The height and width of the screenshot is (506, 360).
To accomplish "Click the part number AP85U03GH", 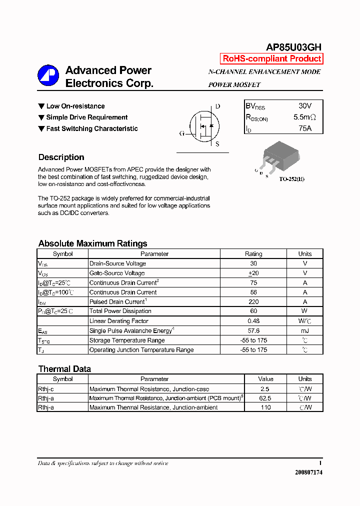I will pos(293,47).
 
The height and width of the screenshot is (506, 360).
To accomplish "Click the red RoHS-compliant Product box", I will pos(271,58).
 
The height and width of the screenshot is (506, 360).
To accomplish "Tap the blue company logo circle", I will pos(48,75).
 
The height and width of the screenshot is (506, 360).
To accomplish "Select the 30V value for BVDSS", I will pos(304,106).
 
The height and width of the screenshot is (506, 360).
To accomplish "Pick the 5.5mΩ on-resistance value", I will pos(304,117).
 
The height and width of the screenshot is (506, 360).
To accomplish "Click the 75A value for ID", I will pos(304,128).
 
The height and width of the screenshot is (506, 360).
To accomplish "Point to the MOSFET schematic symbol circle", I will pos(203,125).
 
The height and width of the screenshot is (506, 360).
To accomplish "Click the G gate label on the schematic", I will pos(182,133).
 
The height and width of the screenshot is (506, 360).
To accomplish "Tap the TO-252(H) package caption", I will pos(291,179).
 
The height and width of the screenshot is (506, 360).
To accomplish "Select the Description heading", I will pos(61,157).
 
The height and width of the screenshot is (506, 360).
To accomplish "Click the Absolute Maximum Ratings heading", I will pos(92,243).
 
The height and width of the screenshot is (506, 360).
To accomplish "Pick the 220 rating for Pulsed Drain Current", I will pos(253,302).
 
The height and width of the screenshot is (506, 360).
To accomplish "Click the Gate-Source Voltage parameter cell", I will pos(117,273).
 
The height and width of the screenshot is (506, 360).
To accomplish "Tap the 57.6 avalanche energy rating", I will pos(253,330).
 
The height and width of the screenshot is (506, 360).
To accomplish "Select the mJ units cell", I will pos(304,330).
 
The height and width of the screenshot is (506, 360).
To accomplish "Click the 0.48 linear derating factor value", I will pos(253,321).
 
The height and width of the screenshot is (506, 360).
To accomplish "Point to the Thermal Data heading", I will pos(64,369).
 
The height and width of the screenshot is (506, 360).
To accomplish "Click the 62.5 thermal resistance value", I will pos(265,398).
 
